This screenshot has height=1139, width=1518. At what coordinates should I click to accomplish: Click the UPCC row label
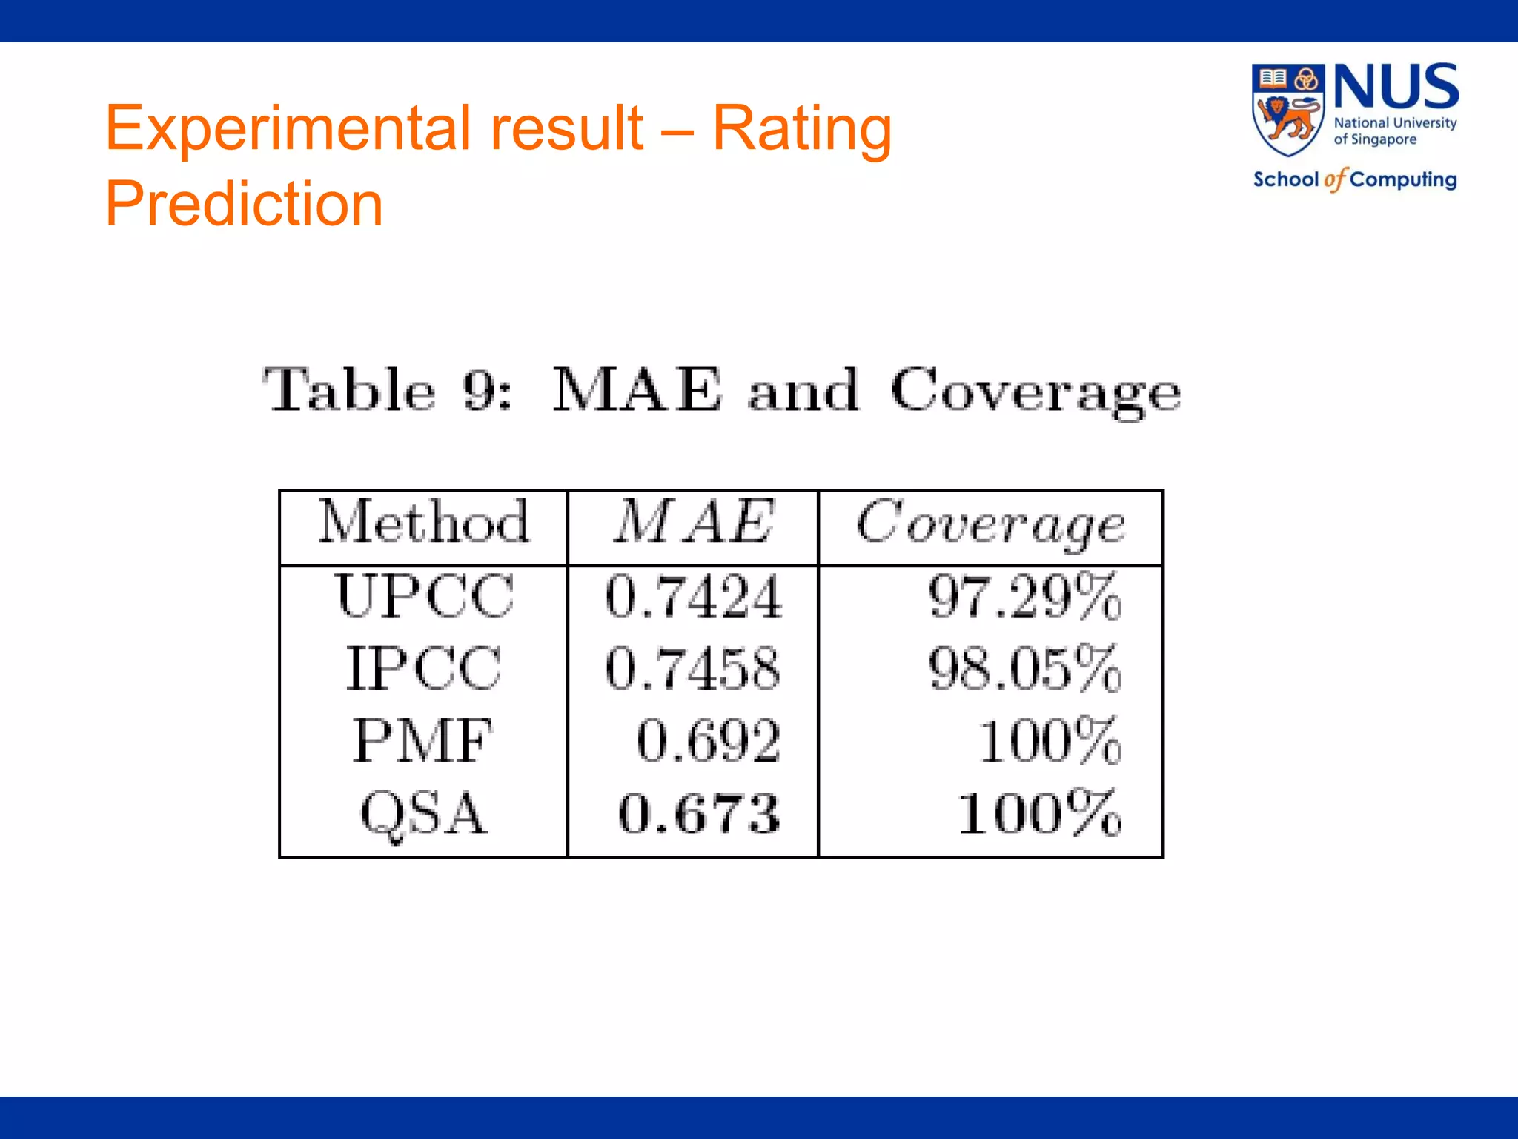(x=424, y=595)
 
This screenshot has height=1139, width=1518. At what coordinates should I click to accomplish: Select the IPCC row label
(x=424, y=668)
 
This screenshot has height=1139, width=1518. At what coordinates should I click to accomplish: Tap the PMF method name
(x=422, y=740)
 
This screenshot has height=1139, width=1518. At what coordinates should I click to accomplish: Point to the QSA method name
(x=424, y=814)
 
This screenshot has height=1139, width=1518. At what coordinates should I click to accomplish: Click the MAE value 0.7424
(x=693, y=597)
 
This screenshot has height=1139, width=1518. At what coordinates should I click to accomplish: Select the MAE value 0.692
(x=709, y=741)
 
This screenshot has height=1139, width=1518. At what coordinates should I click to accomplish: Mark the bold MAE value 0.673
(x=699, y=814)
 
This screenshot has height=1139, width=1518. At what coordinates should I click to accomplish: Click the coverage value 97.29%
(x=1024, y=597)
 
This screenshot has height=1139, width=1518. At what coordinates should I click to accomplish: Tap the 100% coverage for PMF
(x=1049, y=741)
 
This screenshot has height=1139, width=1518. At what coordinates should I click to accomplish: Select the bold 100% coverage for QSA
(x=1039, y=814)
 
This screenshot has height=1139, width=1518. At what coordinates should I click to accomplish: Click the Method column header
(x=424, y=522)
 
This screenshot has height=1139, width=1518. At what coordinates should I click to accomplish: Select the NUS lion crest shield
(x=1288, y=110)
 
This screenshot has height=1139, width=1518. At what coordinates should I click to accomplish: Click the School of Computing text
(x=1355, y=179)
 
